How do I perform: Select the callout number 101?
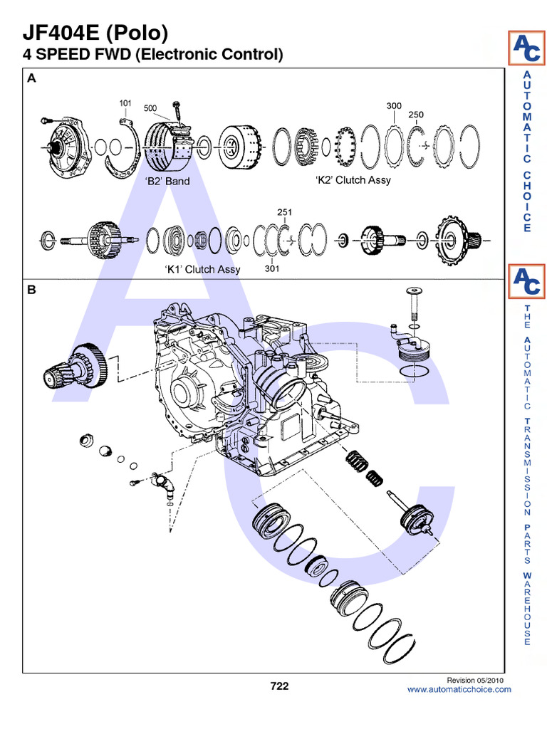(x=125, y=103)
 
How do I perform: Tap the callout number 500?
(x=150, y=108)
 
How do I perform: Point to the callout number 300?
(x=394, y=105)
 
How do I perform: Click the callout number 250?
(x=416, y=114)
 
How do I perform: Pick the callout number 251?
(x=283, y=211)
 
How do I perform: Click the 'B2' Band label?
(x=167, y=181)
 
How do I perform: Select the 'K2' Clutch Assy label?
(x=353, y=180)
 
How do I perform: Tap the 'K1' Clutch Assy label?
(x=202, y=269)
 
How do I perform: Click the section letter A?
(x=31, y=80)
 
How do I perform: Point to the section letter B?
(x=31, y=290)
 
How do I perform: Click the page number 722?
(x=279, y=686)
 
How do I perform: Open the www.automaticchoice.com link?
(x=459, y=689)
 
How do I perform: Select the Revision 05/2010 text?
(x=474, y=680)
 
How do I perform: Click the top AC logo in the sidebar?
(x=526, y=48)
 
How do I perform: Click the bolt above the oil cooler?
(x=412, y=303)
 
